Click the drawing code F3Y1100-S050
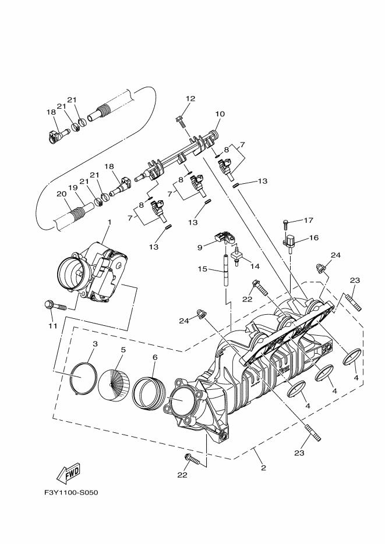[71, 493]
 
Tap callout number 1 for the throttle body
[109, 222]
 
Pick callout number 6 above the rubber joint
[154, 358]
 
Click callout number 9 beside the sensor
[200, 247]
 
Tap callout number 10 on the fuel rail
[220, 114]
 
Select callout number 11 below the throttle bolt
[53, 326]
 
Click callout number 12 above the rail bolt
[190, 99]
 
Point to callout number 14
[254, 266]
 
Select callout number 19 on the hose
[73, 187]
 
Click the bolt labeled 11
[54, 304]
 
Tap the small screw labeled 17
[286, 222]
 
